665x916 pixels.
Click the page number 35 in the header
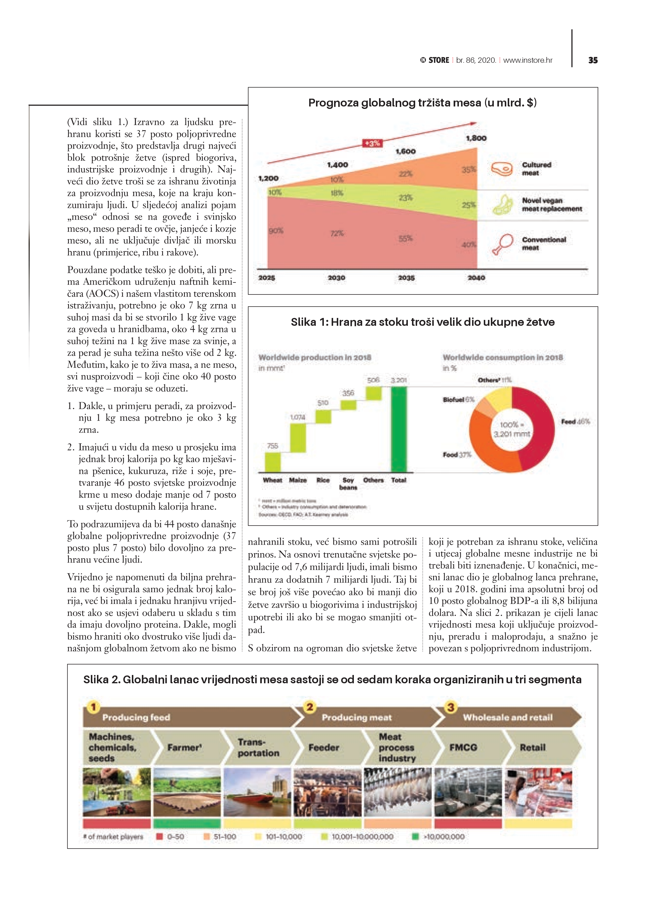[593, 60]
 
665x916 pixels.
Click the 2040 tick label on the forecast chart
[476, 278]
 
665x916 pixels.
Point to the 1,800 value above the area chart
[476, 138]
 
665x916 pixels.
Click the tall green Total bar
[399, 429]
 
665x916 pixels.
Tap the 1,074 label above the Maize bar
[298, 417]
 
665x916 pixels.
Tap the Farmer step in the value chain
[184, 748]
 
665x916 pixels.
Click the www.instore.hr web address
[528, 60]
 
